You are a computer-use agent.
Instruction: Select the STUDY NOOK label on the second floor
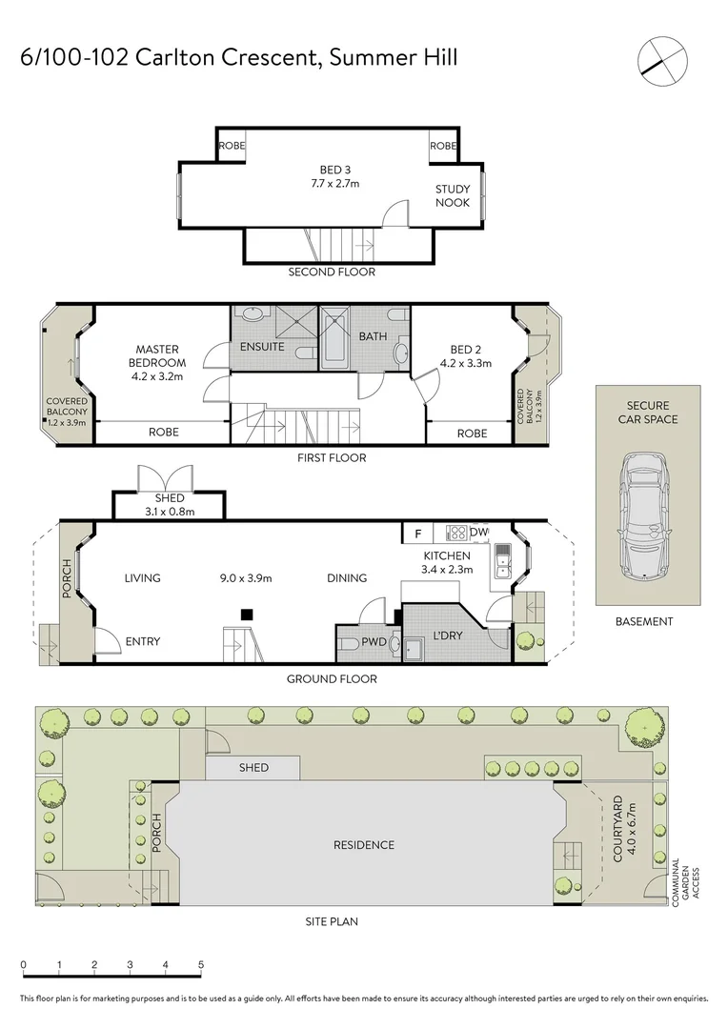pyautogui.click(x=453, y=196)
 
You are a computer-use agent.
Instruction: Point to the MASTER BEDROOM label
pyautogui.click(x=158, y=356)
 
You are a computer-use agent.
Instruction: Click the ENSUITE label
pyautogui.click(x=262, y=347)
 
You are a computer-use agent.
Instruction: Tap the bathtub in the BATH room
pyautogui.click(x=335, y=337)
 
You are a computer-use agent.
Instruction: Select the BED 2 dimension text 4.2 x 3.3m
pyautogui.click(x=465, y=363)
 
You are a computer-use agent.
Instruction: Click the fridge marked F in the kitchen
pyautogui.click(x=416, y=534)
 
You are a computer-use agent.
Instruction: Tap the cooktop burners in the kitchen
pyautogui.click(x=455, y=534)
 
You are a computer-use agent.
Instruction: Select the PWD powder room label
pyautogui.click(x=374, y=642)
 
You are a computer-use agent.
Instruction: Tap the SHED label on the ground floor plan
pyautogui.click(x=169, y=498)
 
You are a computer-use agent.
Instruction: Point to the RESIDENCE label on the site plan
pyautogui.click(x=363, y=845)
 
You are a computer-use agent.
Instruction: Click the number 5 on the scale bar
pyautogui.click(x=201, y=964)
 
